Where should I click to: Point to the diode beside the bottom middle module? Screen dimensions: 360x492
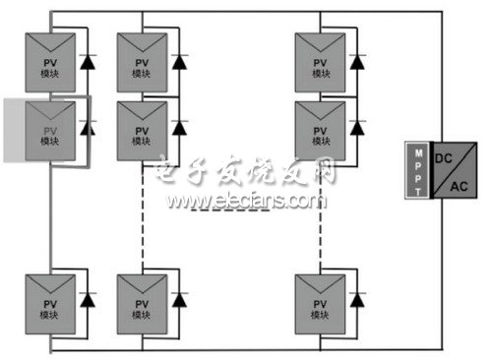179,298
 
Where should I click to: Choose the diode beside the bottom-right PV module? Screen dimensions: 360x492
359,298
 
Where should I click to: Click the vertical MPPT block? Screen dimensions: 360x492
416,173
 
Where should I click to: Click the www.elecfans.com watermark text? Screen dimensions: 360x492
245,202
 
